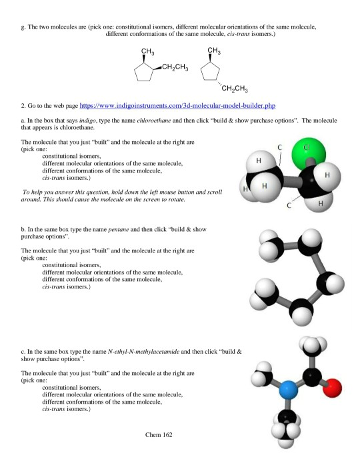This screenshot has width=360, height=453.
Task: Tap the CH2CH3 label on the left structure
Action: [175, 69]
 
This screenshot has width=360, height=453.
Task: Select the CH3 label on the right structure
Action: [214, 53]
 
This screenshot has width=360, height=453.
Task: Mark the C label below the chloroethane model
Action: [289, 207]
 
